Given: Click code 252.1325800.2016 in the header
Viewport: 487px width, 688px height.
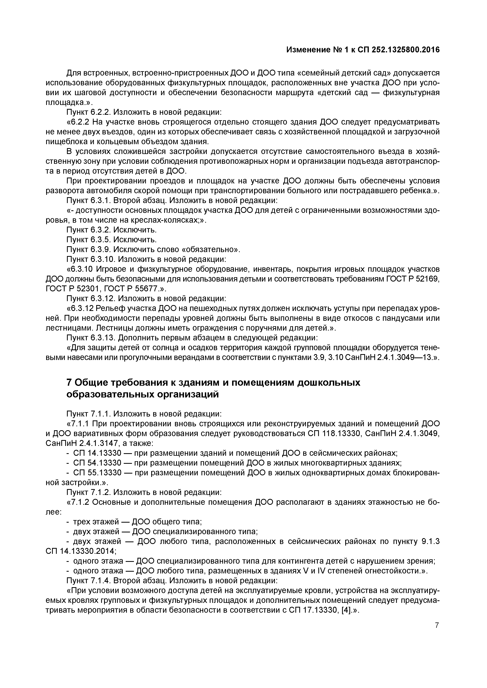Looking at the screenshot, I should [406, 49].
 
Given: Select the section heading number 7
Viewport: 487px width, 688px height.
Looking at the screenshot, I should [69, 383].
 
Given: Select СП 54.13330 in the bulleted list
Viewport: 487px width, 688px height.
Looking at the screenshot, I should [97, 463].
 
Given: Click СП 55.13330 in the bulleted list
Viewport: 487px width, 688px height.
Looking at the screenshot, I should [97, 473].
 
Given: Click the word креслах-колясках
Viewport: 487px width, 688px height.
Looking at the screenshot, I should [164, 220].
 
